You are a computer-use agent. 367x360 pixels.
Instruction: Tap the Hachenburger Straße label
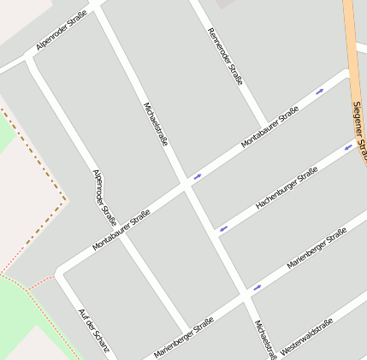(x=287, y=188)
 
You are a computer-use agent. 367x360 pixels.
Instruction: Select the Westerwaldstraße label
(x=305, y=337)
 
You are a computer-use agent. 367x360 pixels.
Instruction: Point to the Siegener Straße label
(x=359, y=133)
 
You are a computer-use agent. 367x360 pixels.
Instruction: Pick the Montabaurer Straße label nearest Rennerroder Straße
(x=269, y=127)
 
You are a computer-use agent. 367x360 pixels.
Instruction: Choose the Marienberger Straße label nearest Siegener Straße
(x=317, y=249)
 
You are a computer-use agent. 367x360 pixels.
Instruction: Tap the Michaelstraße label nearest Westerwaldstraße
(x=265, y=340)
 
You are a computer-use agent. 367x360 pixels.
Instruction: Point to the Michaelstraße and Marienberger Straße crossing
(x=245, y=295)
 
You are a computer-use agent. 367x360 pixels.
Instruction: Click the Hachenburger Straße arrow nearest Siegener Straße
(x=348, y=147)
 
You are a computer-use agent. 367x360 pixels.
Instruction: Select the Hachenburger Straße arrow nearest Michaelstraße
(x=223, y=228)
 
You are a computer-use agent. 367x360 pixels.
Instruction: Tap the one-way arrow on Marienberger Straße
(x=257, y=288)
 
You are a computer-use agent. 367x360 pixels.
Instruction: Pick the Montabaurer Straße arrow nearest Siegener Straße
(x=320, y=91)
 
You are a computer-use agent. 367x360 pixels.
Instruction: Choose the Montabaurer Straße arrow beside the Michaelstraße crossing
(x=197, y=177)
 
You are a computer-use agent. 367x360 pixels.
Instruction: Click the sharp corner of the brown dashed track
(x=66, y=199)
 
